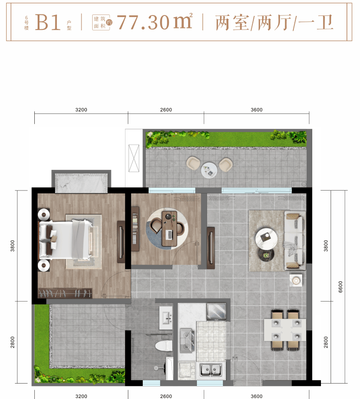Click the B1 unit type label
[48, 22]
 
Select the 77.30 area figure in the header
[143, 22]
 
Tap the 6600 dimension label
[340, 287]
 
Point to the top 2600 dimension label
[166, 110]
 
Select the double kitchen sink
[211, 370]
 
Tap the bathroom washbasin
[166, 318]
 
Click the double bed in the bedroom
[65, 240]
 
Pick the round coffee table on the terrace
[209, 170]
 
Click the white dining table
[285, 330]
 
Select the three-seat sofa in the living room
[295, 240]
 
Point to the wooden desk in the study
[169, 229]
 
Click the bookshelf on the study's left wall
[135, 229]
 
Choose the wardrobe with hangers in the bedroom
[65, 293]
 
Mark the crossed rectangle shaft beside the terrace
[134, 158]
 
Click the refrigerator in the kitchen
[216, 312]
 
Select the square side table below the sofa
[296, 280]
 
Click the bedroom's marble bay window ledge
[81, 183]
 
